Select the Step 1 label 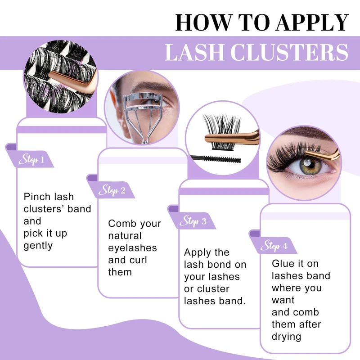[x=31, y=159]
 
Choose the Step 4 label [x=274, y=246]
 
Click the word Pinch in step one [x=36, y=197]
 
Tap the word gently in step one [x=38, y=246]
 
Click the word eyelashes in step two [x=132, y=248]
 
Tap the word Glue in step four [x=283, y=263]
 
